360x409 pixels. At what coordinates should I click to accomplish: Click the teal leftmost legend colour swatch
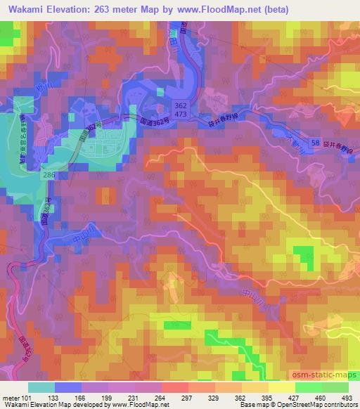[x=41, y=387]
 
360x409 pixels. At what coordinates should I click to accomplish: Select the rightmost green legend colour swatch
[x=335, y=387]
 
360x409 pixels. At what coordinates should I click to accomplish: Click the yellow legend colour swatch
[x=282, y=387]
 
